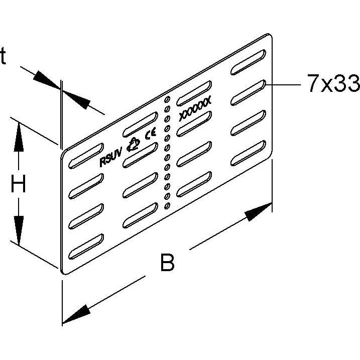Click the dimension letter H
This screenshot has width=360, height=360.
(19, 183)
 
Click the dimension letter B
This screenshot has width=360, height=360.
(167, 262)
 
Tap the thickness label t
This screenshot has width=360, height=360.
(3, 55)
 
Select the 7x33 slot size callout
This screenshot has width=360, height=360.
(333, 83)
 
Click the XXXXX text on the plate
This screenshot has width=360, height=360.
(195, 109)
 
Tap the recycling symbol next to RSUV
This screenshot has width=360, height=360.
(133, 145)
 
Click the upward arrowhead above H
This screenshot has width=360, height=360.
(19, 137)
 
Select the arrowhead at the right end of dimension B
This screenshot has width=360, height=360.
(259, 212)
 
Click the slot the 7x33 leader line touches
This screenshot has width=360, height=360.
(248, 92)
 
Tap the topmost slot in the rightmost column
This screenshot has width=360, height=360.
(248, 62)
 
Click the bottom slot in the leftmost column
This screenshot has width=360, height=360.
(86, 247)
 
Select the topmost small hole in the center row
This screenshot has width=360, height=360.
(167, 99)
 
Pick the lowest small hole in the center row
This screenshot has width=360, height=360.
(167, 205)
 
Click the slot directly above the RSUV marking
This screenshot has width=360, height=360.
(86, 156)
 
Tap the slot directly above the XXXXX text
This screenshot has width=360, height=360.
(194, 93)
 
